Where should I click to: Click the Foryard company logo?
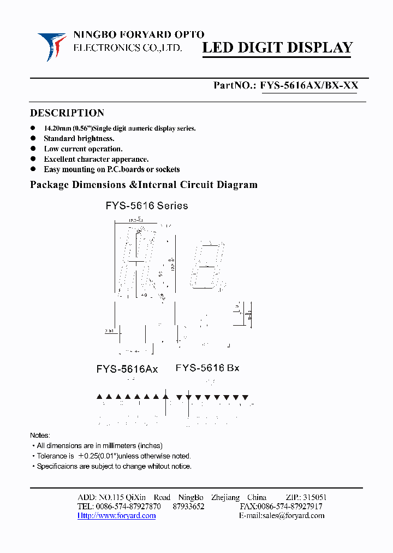click(x=52, y=46)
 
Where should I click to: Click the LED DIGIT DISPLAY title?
click(x=278, y=48)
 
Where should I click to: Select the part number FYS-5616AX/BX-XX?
click(x=309, y=85)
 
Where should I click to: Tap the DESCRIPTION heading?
click(x=67, y=113)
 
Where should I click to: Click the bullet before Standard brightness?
click(x=33, y=139)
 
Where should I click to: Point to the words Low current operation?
click(x=83, y=149)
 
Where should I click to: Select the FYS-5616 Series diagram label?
click(x=146, y=206)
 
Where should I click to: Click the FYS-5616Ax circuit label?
click(x=127, y=369)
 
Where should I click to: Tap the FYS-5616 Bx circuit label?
click(x=207, y=368)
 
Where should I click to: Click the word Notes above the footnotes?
click(x=40, y=436)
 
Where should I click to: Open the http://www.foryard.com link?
click(x=117, y=515)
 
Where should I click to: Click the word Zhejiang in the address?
click(x=225, y=497)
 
